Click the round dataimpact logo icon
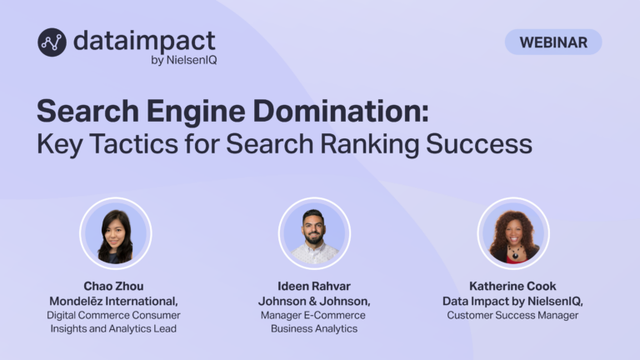(x=52, y=42)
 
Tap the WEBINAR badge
(x=553, y=42)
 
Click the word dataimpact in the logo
(x=144, y=41)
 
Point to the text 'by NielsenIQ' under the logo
(x=183, y=60)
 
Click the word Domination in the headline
(x=341, y=111)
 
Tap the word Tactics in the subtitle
(x=134, y=144)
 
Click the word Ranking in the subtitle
(x=369, y=145)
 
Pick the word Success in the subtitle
(x=479, y=144)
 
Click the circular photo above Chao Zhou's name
(x=116, y=233)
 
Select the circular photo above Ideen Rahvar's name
(x=314, y=233)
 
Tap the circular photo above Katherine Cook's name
(x=513, y=233)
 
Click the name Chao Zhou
(x=113, y=286)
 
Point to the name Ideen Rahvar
(x=314, y=286)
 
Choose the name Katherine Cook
(x=512, y=286)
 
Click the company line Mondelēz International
(x=113, y=301)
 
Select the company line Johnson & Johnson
(x=314, y=301)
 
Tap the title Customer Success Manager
(x=512, y=315)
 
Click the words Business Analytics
(x=314, y=328)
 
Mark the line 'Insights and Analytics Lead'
(x=113, y=328)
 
